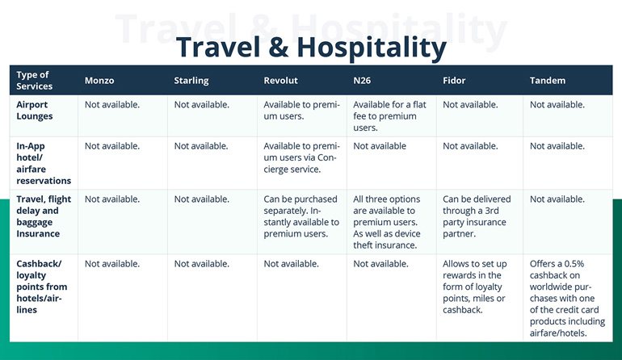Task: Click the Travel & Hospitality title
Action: tap(311, 47)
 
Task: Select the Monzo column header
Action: tap(101, 81)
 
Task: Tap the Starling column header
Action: tap(191, 81)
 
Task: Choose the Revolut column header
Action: tap(282, 81)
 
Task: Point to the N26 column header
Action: tap(363, 81)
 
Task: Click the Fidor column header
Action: tap(455, 81)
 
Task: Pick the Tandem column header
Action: tap(548, 81)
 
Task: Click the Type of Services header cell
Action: tap(35, 81)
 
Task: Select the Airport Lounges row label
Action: tap(35, 111)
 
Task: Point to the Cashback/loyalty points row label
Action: tap(42, 287)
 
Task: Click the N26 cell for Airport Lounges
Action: tap(389, 116)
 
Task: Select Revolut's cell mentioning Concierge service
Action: tap(301, 157)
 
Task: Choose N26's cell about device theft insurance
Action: tap(389, 222)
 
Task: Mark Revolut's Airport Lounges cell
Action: tap(301, 111)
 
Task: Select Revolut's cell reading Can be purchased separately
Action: tap(301, 216)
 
